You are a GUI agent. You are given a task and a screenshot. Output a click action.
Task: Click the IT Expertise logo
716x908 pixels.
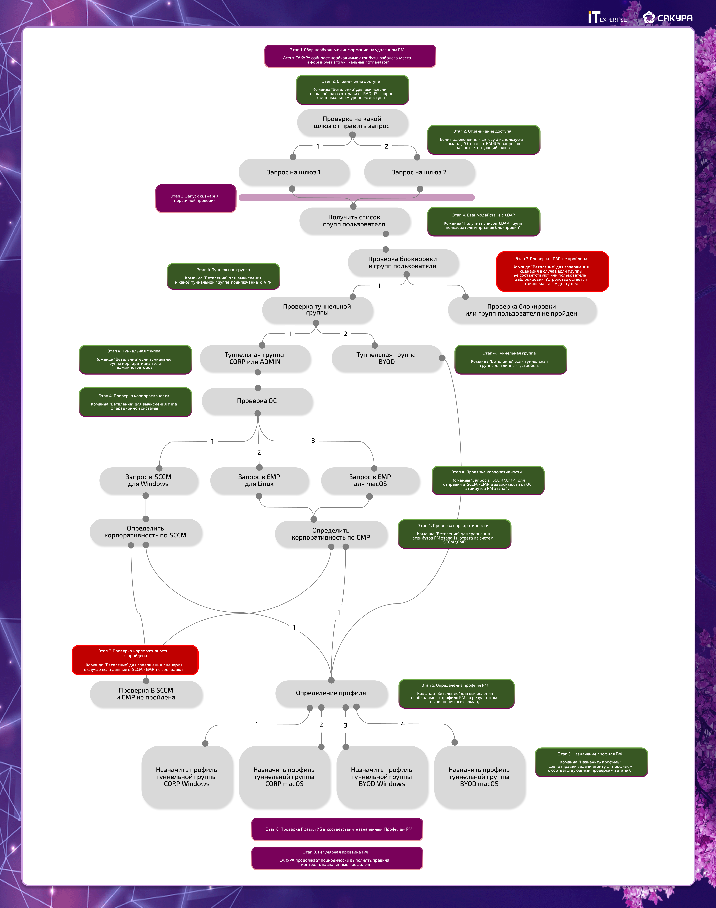(607, 18)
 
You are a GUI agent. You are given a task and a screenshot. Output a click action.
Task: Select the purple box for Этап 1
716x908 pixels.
(350, 56)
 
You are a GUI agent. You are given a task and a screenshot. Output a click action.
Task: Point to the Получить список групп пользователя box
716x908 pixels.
(354, 221)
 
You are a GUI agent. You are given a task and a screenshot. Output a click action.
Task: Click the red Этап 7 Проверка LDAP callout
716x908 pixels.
(552, 271)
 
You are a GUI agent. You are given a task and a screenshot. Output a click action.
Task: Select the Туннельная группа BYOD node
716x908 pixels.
(386, 359)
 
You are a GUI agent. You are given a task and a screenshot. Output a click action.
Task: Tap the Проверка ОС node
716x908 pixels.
(257, 401)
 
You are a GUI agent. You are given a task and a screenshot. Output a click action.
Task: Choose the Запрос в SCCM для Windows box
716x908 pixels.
(148, 480)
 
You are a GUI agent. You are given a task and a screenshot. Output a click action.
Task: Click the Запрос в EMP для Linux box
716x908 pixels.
(259, 480)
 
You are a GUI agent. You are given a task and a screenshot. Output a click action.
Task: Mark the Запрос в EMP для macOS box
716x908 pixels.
(370, 480)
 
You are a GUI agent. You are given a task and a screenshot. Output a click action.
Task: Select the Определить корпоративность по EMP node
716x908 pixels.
(331, 534)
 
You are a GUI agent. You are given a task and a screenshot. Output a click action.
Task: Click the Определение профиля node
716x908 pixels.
(331, 693)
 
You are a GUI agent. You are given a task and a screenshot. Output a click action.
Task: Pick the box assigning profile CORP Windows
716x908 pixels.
(186, 777)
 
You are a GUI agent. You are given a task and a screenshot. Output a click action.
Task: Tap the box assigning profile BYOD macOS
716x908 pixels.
(479, 777)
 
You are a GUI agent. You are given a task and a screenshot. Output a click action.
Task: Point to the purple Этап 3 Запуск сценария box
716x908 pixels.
(195, 198)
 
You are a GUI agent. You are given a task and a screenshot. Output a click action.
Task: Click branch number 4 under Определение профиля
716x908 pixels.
(403, 724)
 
